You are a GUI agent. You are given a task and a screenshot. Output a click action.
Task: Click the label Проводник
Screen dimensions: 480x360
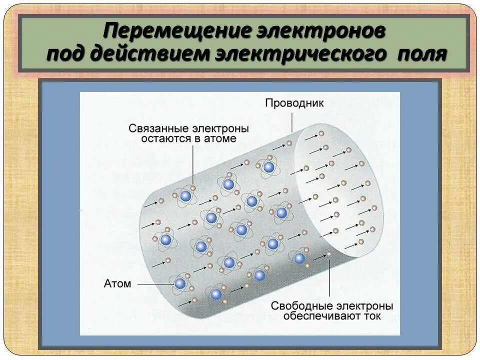294,103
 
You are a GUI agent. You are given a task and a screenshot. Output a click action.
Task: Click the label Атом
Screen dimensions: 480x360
117,283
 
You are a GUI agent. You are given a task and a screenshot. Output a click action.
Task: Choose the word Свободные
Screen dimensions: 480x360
304,305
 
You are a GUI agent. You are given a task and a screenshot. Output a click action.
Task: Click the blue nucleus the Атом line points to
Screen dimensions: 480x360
180,284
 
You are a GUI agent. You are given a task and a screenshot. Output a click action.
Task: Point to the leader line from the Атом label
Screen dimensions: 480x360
155,284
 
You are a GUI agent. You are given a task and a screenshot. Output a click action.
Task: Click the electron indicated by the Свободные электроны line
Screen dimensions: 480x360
329,254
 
